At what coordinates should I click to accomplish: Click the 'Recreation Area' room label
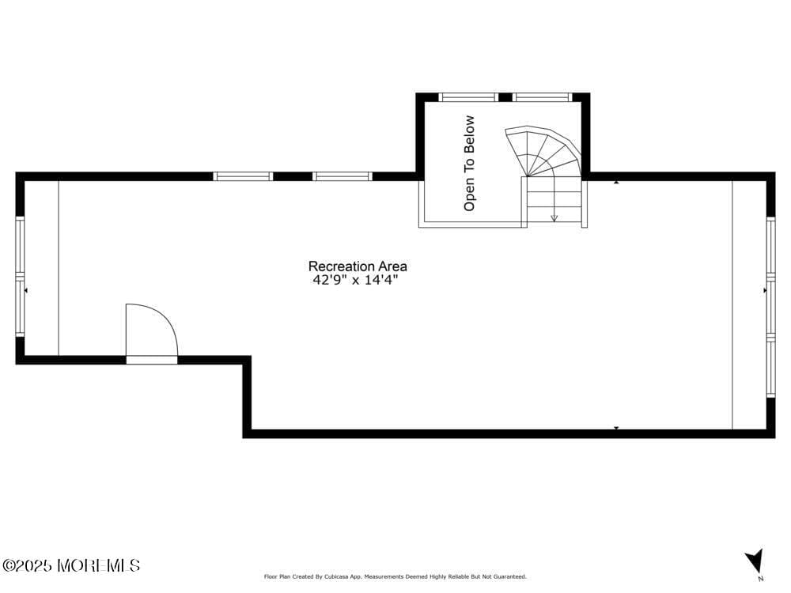[x=358, y=266]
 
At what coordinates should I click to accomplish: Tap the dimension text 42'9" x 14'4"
[x=355, y=280]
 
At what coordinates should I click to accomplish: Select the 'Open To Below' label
[x=470, y=163]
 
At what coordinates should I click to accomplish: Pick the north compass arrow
[x=755, y=561]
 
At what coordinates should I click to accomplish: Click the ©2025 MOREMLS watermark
[x=71, y=565]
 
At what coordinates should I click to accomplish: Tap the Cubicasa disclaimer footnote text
[x=395, y=577]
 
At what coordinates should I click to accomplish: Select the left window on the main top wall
[x=244, y=176]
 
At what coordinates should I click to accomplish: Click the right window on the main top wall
[x=342, y=176]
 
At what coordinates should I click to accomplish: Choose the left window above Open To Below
[x=468, y=97]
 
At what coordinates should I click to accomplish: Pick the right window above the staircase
[x=541, y=97]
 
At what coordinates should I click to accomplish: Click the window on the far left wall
[x=20, y=277]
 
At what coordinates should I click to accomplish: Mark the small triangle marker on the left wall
[x=26, y=291]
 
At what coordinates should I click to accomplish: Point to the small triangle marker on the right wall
[x=765, y=291]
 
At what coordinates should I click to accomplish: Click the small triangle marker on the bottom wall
[x=616, y=428]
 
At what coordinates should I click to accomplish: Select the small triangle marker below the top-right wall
[x=616, y=183]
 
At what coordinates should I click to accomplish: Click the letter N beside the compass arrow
[x=761, y=579]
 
